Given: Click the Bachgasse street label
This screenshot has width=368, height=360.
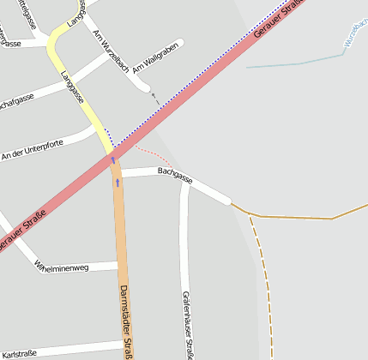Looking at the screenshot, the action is tap(175, 176).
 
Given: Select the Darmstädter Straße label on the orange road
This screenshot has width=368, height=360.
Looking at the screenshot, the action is tap(127, 321).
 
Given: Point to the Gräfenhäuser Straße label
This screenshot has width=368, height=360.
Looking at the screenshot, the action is tap(187, 325).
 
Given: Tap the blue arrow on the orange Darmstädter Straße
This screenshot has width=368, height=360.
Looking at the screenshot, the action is tap(118, 183).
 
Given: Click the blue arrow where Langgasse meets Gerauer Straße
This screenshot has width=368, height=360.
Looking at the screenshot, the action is tap(113, 159).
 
